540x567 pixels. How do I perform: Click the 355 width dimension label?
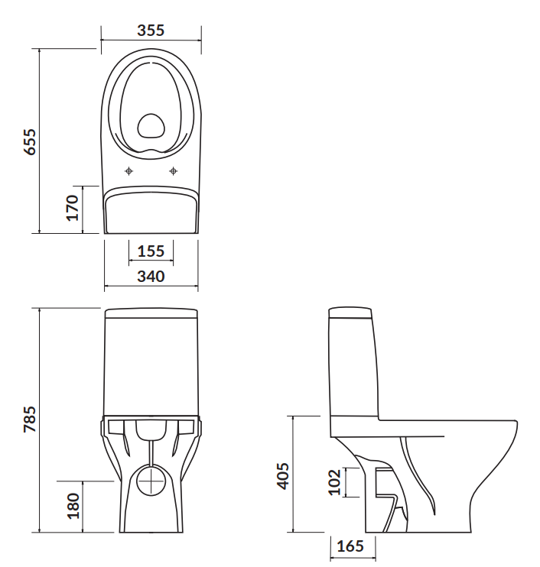(151, 31)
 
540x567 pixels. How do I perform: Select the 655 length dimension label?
(29, 141)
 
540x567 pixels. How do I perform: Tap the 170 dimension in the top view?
(73, 208)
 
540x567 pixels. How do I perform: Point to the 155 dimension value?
(151, 251)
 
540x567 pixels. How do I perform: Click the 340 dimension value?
(151, 276)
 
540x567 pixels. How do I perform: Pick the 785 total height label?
(29, 420)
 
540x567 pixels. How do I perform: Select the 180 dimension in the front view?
(73, 506)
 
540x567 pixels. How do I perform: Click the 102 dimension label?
(334, 482)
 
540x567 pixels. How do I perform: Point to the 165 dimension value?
(350, 546)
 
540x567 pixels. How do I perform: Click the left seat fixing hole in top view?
(129, 170)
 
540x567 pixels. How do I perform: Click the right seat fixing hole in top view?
(174, 170)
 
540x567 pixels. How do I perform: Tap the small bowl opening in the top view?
(151, 126)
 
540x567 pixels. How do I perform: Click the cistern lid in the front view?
(151, 313)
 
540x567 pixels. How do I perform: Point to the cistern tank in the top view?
(151, 212)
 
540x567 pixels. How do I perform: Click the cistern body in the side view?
(353, 367)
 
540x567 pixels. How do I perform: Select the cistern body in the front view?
(151, 367)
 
